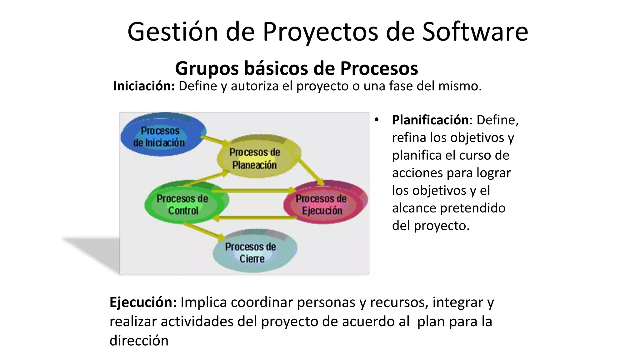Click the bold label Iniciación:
click(144, 86)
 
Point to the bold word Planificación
click(430, 120)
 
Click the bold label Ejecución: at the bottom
click(143, 302)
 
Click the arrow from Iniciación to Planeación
click(214, 140)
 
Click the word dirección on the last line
click(139, 341)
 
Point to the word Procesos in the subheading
click(379, 68)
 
